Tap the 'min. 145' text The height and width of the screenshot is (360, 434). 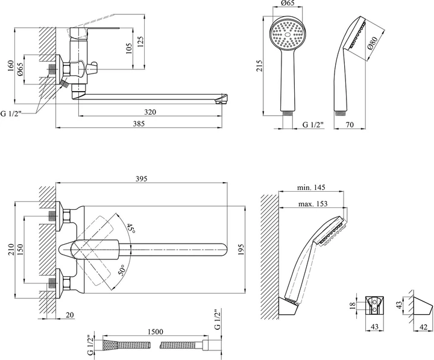tap(312, 188)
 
